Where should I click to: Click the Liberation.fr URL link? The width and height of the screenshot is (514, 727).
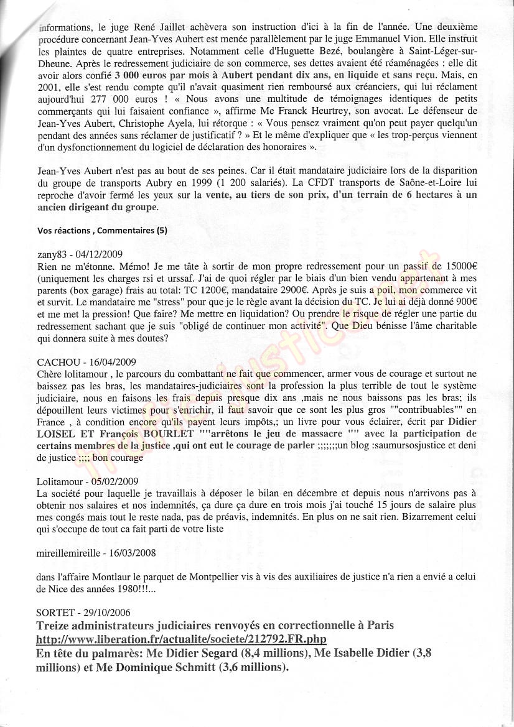pyautogui.click(x=182, y=639)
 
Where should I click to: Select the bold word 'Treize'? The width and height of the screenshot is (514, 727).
pyautogui.click(x=55, y=625)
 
